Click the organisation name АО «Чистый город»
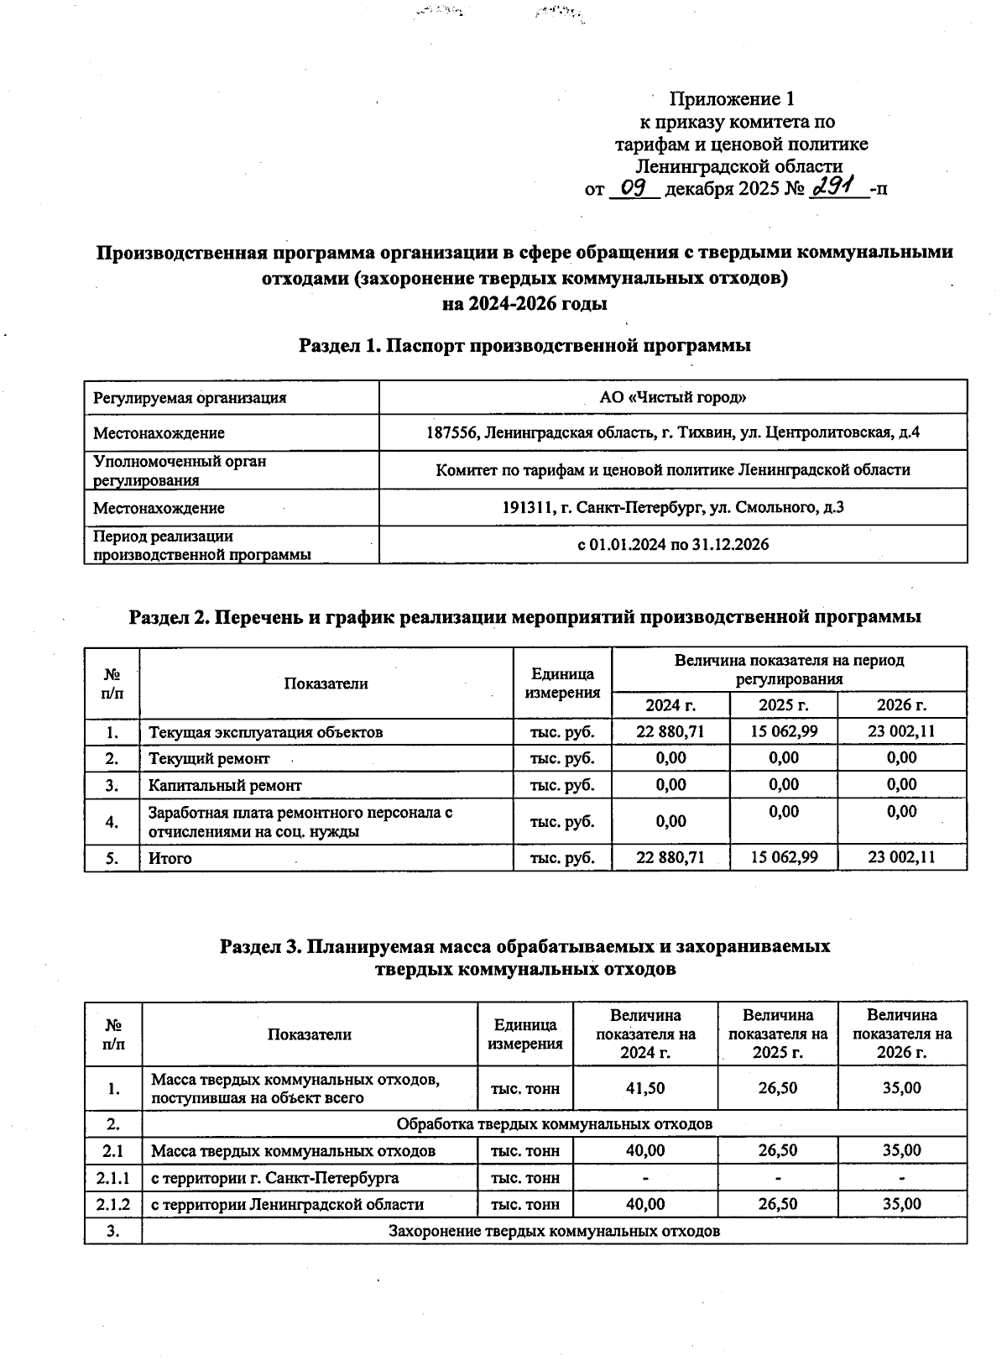coord(673,397)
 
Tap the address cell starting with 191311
coord(673,507)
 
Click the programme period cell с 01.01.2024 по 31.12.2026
coord(673,544)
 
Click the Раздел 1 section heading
coord(524,345)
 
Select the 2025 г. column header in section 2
coord(783,704)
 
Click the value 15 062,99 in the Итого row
coord(783,857)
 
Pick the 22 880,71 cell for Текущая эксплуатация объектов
coord(670,731)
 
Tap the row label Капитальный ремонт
coord(225,785)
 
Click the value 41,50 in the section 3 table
coord(644,1088)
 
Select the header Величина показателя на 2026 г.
coord(902,1034)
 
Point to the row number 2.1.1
coord(112,1177)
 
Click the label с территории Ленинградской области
coord(287,1204)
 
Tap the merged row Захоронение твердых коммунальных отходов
coord(554,1231)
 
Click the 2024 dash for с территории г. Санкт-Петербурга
coord(644,1178)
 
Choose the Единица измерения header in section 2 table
coord(562,683)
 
